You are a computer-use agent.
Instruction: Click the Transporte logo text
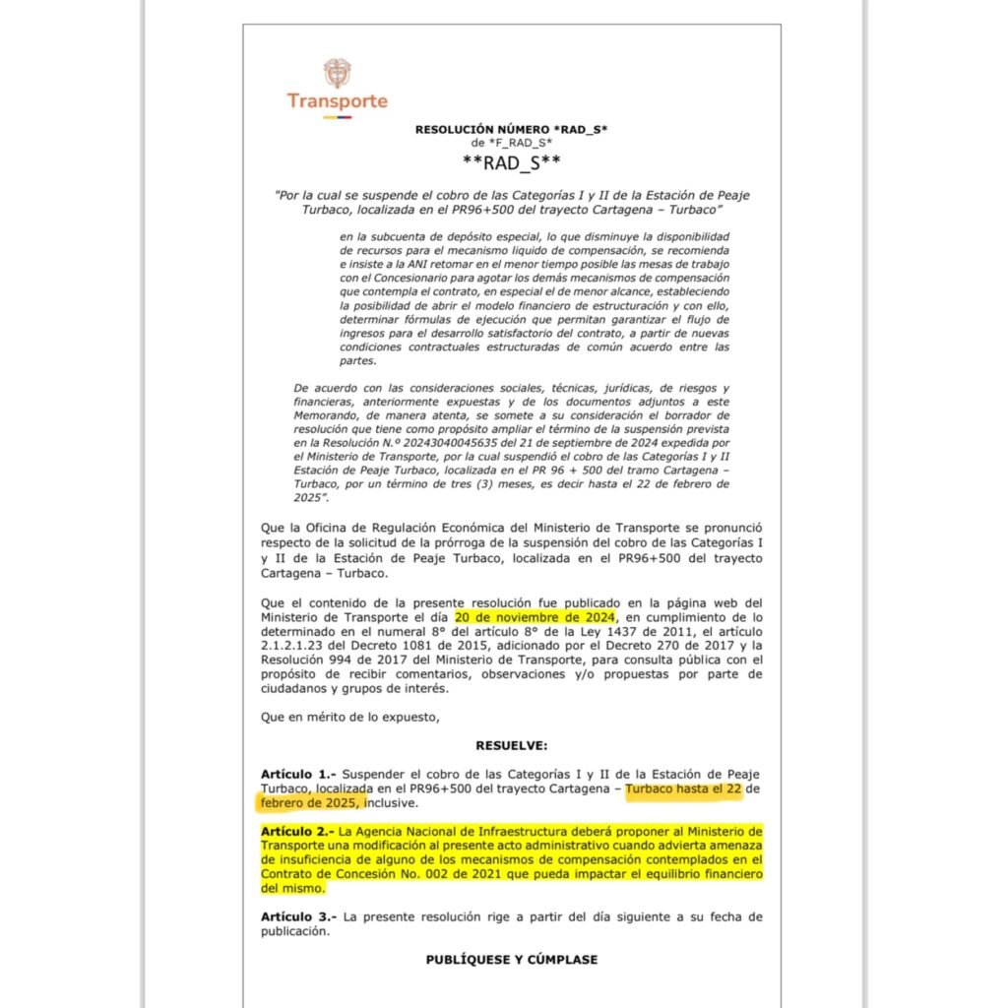337,100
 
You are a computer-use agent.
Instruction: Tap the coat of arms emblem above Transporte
337,72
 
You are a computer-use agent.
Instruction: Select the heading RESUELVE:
512,745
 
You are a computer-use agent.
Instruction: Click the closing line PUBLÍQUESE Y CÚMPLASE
511,959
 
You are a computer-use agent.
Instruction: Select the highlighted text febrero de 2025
307,803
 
